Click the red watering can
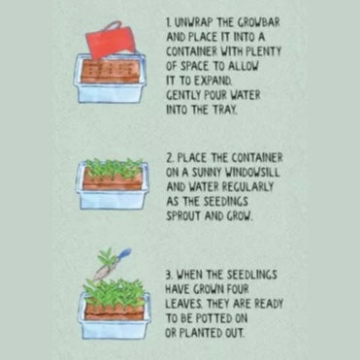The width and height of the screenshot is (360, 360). pos(110,41)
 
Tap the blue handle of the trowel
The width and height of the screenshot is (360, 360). pos(124,253)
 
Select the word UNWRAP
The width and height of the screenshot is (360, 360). pos(193,23)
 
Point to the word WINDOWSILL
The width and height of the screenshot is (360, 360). pos(252,173)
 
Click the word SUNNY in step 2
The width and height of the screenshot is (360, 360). pos(206,173)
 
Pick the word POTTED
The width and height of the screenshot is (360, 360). pos(210,318)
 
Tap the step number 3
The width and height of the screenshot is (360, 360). pos(169,276)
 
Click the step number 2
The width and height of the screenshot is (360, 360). pos(170,158)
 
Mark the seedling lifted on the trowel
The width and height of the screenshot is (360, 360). pos(106,257)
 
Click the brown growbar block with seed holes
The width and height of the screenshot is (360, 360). pos(110,72)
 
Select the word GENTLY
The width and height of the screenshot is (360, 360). pos(182,96)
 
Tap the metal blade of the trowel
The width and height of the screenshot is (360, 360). pos(103,272)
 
